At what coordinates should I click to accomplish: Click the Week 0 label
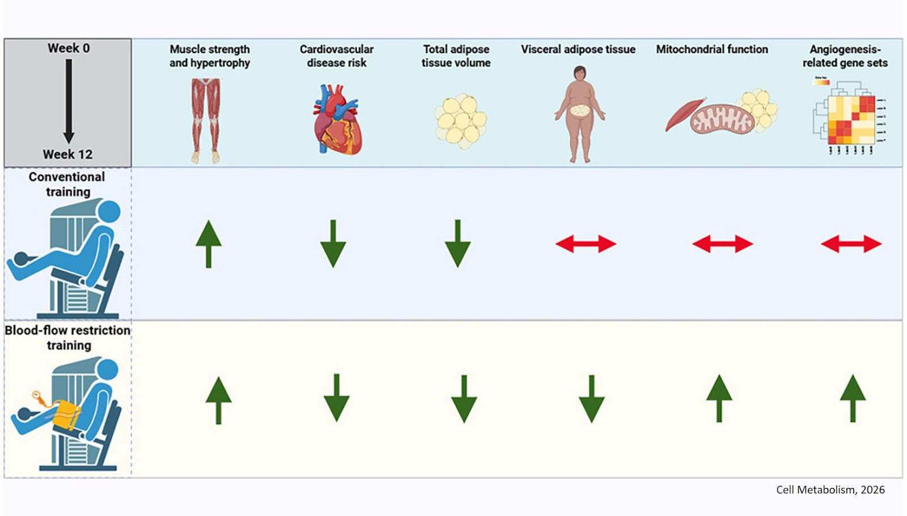68,48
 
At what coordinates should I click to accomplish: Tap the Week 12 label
67,154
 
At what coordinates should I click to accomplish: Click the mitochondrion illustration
722,118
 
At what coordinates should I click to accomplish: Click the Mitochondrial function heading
712,49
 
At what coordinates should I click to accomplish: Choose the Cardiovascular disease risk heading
337,56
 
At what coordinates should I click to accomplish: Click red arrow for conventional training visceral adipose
586,244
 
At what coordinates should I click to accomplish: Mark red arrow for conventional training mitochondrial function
722,244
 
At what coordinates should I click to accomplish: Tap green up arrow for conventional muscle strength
209,244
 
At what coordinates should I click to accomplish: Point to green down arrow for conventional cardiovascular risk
333,244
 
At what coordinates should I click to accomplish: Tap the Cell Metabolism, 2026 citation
830,490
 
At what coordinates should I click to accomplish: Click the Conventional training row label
67,184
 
